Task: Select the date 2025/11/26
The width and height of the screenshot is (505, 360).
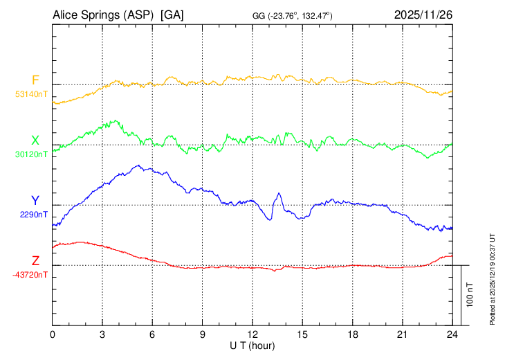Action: click(423, 15)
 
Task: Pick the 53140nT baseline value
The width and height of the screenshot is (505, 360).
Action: click(32, 93)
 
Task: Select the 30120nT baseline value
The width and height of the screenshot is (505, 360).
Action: click(32, 154)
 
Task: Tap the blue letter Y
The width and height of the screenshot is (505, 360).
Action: click(35, 201)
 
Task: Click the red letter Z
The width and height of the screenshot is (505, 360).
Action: click(35, 261)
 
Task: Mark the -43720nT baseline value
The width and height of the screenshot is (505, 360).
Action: click(30, 275)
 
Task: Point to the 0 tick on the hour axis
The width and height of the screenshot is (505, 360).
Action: click(53, 334)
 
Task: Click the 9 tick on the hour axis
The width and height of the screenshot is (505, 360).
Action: click(203, 334)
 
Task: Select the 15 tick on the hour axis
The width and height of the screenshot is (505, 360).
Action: click(302, 334)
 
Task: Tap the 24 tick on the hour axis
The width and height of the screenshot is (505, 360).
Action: click(452, 334)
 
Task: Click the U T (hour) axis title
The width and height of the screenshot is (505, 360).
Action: click(252, 345)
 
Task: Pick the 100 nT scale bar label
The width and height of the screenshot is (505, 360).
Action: click(470, 295)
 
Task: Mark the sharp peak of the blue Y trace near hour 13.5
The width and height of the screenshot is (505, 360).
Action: click(279, 193)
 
